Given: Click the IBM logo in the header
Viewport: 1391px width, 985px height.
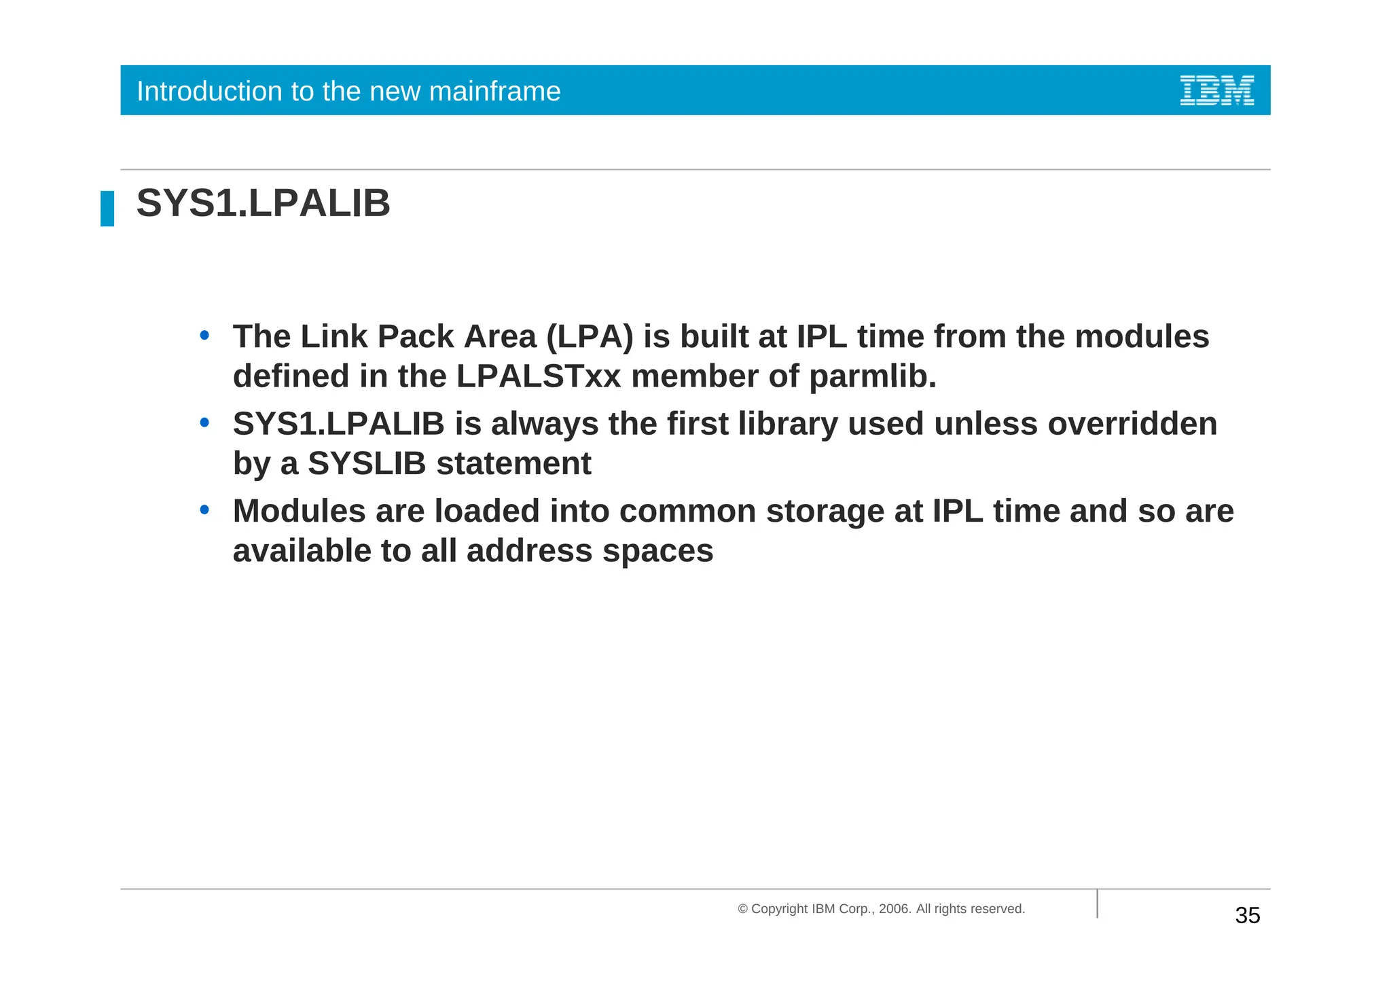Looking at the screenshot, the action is click(1216, 90).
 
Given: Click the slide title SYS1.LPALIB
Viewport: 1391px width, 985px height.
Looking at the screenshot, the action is click(264, 203).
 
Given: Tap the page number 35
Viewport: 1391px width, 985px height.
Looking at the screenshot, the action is click(1247, 916).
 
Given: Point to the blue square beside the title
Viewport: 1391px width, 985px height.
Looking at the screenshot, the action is click(107, 209).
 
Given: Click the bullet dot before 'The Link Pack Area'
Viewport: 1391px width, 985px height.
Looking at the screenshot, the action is click(204, 336).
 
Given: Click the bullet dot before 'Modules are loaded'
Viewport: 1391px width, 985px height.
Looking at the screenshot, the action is click(204, 510).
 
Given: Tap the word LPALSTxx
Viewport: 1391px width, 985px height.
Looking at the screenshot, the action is click(539, 376).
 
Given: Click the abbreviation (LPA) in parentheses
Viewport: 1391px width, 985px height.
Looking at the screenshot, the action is click(590, 337).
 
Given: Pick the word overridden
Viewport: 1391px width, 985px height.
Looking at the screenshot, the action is click(1132, 424).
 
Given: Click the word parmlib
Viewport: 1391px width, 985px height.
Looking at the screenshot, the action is click(872, 376).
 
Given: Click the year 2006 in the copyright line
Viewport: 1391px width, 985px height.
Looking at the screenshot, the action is click(893, 909).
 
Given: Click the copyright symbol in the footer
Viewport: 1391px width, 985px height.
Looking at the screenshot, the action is click(742, 909).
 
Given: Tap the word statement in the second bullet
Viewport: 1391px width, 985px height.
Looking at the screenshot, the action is click(513, 464).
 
